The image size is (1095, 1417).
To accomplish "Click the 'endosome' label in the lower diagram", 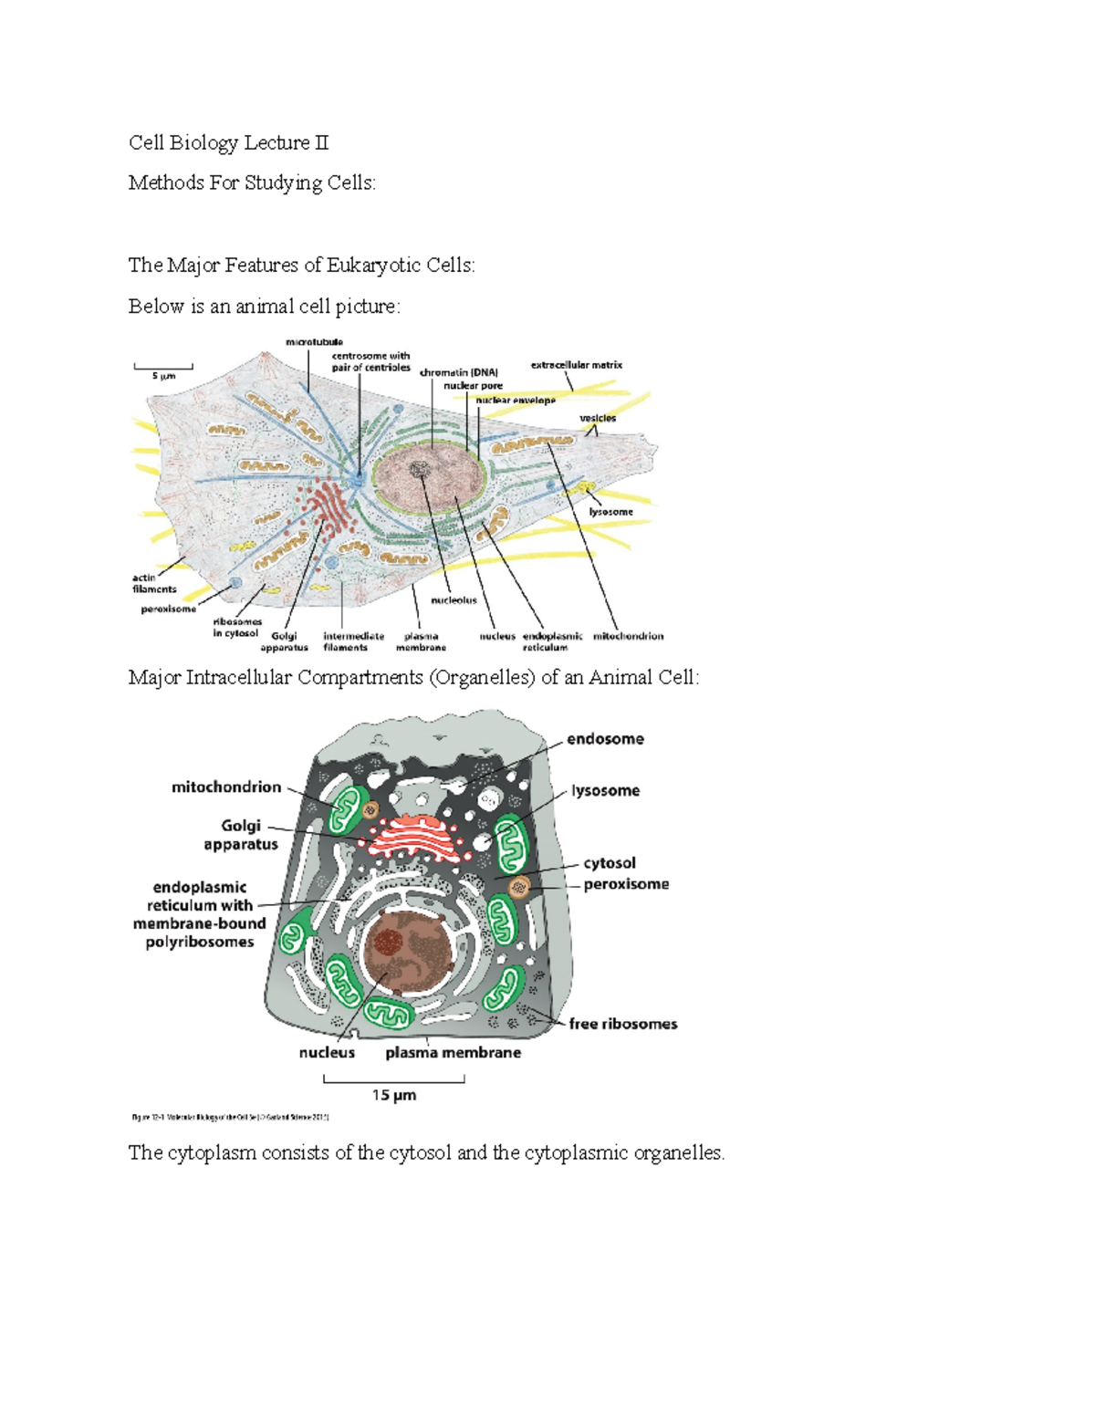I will (605, 739).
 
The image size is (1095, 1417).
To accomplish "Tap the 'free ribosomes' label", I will (622, 1024).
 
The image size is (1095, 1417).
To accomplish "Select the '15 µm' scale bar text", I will (394, 1095).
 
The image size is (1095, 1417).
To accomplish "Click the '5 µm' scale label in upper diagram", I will (163, 376).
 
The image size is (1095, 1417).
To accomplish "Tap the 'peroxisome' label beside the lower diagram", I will (626, 884).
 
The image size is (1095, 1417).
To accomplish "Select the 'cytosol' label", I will (610, 863).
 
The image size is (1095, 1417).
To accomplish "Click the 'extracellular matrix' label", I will (576, 365).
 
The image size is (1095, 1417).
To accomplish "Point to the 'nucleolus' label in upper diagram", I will (454, 600).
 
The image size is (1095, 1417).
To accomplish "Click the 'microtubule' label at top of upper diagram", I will (314, 342).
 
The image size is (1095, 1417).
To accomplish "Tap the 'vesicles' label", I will (598, 418).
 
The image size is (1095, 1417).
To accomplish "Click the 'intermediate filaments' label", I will (353, 641).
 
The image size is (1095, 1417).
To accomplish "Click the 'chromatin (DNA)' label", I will (459, 372).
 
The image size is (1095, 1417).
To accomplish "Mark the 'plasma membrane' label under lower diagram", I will (453, 1053).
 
